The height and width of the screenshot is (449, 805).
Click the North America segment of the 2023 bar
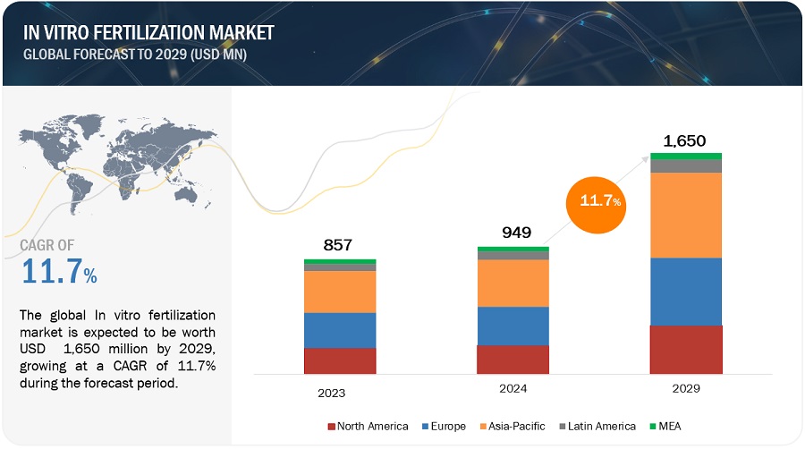coord(340,360)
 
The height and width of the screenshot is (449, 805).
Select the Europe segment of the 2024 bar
coord(513,326)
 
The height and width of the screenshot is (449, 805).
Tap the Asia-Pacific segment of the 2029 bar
coord(685,215)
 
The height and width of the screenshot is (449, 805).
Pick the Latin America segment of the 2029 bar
coord(685,165)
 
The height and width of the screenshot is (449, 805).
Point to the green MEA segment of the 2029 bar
coord(685,156)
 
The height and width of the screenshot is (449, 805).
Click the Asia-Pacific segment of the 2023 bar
coord(340,292)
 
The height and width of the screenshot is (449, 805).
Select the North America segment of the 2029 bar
coord(685,349)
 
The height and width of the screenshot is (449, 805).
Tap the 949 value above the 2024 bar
coord(513,233)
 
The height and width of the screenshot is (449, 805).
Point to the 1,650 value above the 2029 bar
coord(685,140)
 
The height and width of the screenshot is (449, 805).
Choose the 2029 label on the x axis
coord(684,389)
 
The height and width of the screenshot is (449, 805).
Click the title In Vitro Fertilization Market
coord(147,33)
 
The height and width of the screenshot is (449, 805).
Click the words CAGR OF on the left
coord(47,244)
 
